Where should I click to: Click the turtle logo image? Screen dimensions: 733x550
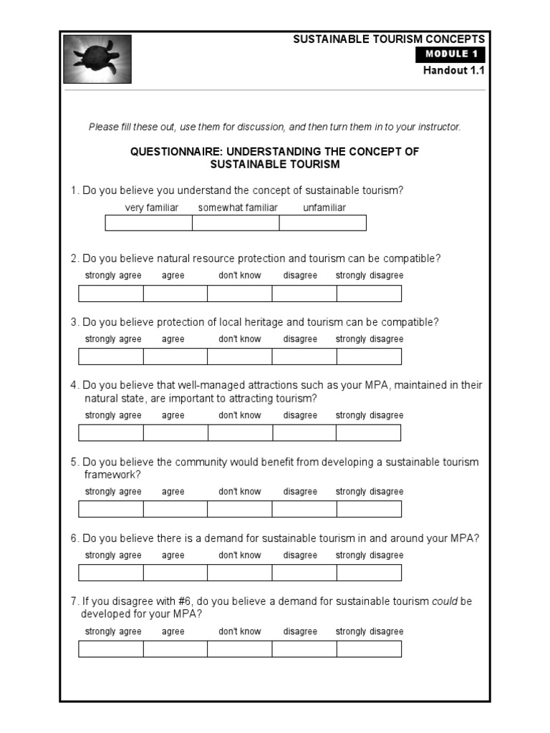(97, 59)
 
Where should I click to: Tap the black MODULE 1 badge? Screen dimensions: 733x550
(450, 54)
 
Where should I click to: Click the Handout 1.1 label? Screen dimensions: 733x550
(453, 70)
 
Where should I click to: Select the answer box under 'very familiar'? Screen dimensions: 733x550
(149, 223)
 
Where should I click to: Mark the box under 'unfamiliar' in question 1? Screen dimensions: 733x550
(322, 223)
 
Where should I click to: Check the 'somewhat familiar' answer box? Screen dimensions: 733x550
(236, 223)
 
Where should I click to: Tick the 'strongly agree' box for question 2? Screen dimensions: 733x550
(111, 293)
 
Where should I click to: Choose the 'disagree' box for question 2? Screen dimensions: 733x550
(304, 293)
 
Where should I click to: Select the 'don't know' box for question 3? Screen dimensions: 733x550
(240, 356)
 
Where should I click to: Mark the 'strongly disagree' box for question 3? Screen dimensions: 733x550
(369, 356)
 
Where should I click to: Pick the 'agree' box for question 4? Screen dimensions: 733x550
(175, 432)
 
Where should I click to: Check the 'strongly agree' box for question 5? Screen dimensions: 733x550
(111, 509)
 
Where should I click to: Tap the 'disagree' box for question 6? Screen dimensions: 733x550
(304, 573)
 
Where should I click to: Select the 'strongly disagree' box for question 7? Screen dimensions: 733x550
(369, 649)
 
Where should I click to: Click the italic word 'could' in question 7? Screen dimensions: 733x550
(445, 601)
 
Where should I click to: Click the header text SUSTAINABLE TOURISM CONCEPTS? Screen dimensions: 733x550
(389, 39)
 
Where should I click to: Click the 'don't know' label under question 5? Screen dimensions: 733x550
(240, 492)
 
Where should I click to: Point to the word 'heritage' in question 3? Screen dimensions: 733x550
(264, 322)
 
